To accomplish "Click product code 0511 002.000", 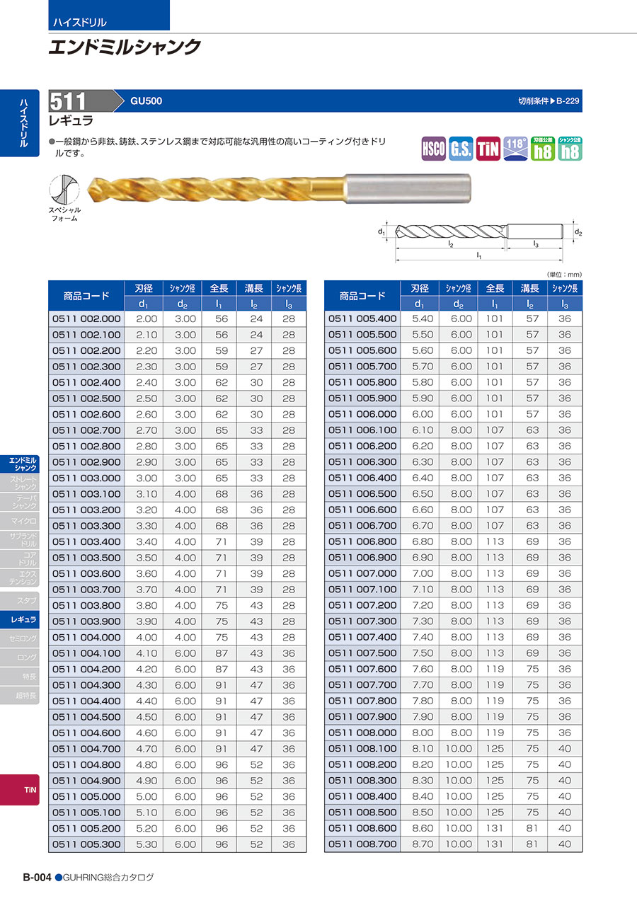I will [x=86, y=318].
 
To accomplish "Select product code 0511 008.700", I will [x=362, y=844].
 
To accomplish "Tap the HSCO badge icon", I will [x=433, y=149].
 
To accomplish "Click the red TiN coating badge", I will [x=488, y=149].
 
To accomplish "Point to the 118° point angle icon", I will [x=515, y=149].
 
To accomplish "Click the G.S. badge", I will [x=461, y=149].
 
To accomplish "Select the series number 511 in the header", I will [x=69, y=101].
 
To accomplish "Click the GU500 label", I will [x=146, y=101].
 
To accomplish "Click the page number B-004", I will [x=37, y=877].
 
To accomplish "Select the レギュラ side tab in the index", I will [x=24, y=619].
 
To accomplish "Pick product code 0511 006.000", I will [x=362, y=414].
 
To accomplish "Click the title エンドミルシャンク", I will [x=125, y=47].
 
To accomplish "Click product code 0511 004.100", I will [x=86, y=653].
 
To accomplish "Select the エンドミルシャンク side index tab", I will [x=24, y=464].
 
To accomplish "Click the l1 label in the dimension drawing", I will [x=479, y=255].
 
